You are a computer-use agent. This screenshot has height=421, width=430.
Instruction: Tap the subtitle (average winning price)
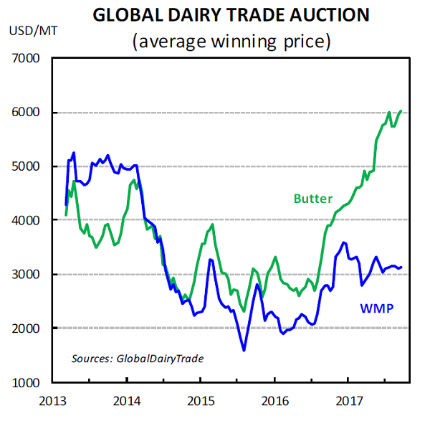point(231,41)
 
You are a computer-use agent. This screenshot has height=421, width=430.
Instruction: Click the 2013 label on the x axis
point(53,398)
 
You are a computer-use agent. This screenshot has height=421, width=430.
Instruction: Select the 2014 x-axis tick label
point(127,398)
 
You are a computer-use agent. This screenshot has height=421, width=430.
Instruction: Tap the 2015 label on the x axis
point(201,398)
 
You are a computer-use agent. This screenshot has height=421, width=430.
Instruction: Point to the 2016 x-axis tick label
point(274,398)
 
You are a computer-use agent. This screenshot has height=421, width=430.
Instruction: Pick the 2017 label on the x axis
point(348,398)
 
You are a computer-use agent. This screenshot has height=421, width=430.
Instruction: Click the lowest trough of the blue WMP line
point(244,350)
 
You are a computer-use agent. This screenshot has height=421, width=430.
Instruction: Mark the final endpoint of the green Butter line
point(401,111)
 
